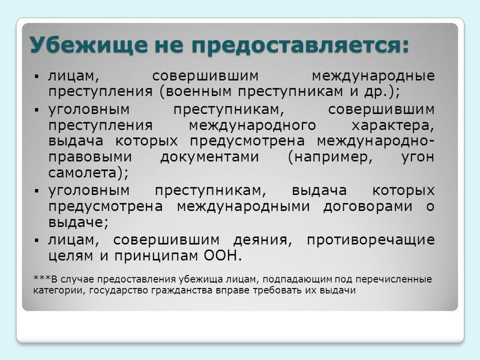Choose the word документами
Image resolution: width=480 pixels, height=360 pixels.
[x=209, y=157]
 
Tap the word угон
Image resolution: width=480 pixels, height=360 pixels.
[x=418, y=157]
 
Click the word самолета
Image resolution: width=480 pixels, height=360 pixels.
[x=83, y=173]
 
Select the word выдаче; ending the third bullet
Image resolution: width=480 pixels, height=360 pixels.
[x=79, y=223]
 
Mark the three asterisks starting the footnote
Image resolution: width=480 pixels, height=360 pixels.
[x=42, y=278]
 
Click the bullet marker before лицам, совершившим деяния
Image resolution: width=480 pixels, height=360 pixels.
[x=37, y=241]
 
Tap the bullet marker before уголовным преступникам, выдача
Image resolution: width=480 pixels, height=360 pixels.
[x=37, y=191]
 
